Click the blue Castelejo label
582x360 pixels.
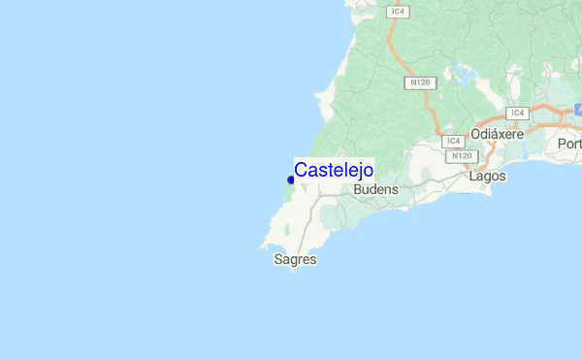click(x=334, y=170)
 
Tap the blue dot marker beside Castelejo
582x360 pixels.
click(x=291, y=180)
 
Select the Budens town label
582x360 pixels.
click(x=376, y=190)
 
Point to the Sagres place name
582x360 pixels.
click(x=295, y=260)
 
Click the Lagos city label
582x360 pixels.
click(x=487, y=177)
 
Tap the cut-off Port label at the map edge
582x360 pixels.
click(x=569, y=144)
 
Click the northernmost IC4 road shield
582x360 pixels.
click(x=398, y=12)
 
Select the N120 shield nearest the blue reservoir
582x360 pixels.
click(x=420, y=83)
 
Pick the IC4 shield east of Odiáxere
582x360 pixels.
click(x=516, y=113)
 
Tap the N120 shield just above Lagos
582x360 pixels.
click(x=462, y=155)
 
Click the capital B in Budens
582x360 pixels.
click(x=359, y=190)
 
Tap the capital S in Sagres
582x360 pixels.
click(x=278, y=260)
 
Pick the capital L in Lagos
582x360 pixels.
click(x=472, y=177)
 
